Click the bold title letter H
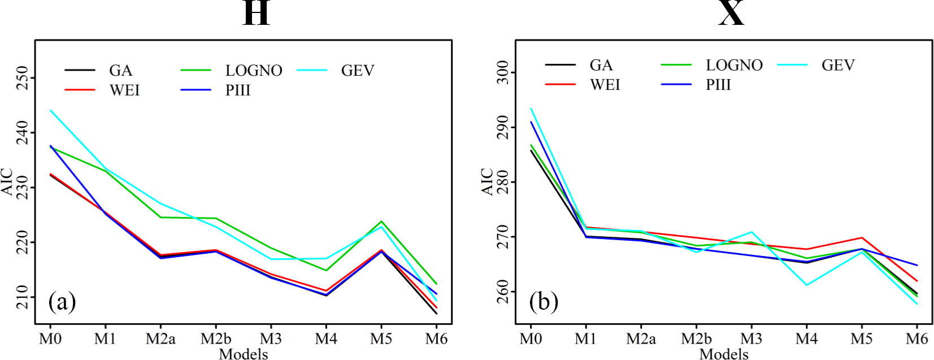point(256,13)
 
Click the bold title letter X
point(731,13)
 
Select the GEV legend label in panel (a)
point(358,71)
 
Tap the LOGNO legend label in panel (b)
point(734,66)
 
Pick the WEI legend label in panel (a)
point(124,90)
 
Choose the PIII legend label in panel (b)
point(718,85)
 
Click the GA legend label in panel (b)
point(601,66)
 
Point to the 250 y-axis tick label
point(22,78)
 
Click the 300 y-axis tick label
point(502,73)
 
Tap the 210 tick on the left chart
point(22,297)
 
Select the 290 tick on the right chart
point(502,128)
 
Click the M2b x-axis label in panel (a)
point(216,339)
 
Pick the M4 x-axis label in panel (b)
point(806,339)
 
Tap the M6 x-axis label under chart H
point(436,339)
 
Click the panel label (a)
point(62,302)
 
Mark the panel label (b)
point(544,302)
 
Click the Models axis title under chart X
point(724,354)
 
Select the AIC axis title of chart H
point(7,181)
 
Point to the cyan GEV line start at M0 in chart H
point(51,111)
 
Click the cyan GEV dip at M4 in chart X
point(806,285)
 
